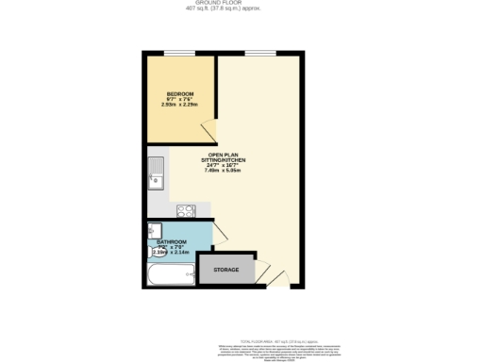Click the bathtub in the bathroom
pyautogui.click(x=171, y=276)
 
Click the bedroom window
pyautogui.click(x=180, y=54)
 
